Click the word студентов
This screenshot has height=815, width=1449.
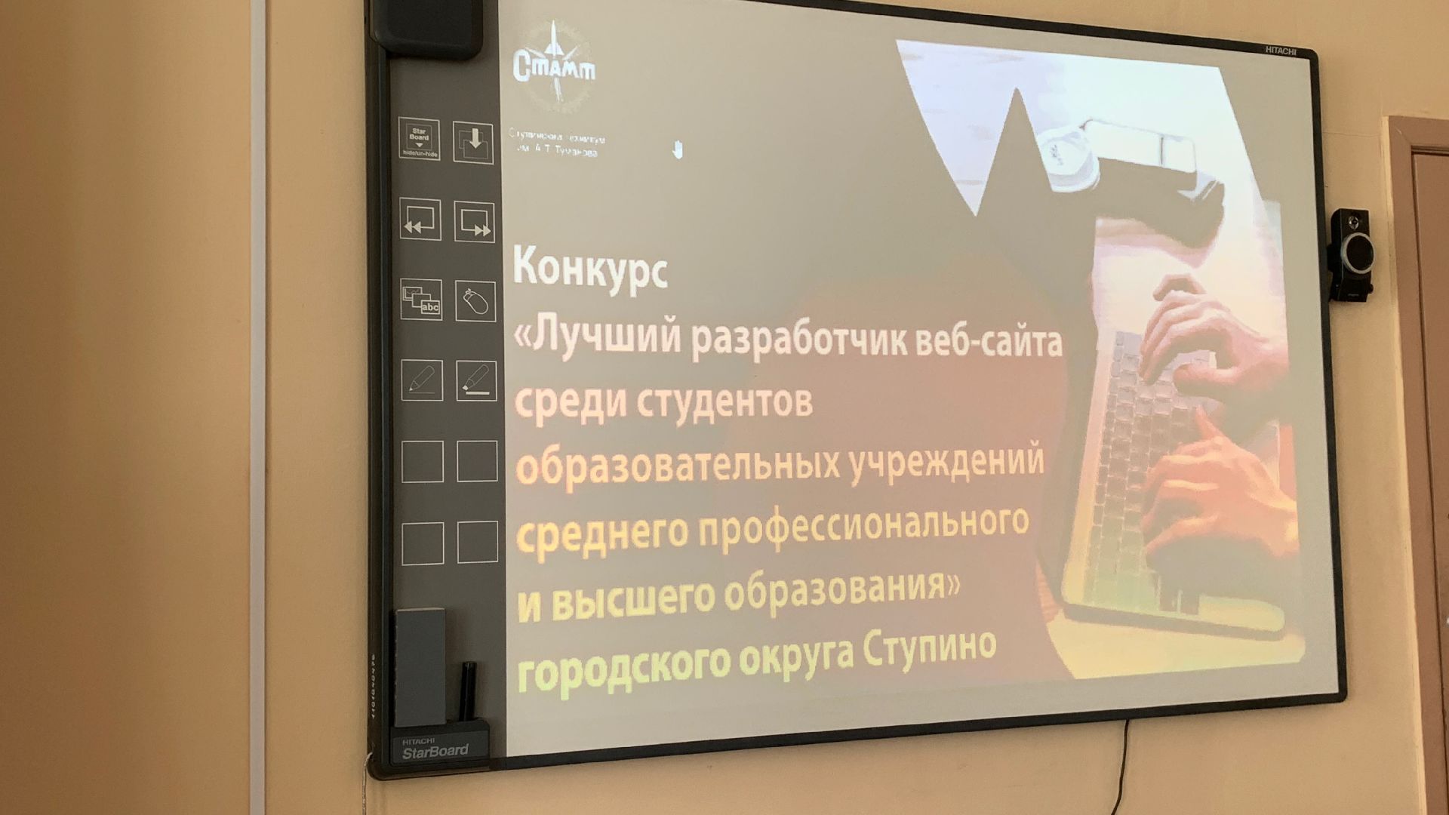[x=724, y=400]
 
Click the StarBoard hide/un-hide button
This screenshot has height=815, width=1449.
[x=419, y=139]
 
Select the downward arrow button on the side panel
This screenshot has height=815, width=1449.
[x=473, y=141]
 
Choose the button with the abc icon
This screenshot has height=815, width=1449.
[x=421, y=300]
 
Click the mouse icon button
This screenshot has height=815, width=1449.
[x=475, y=302]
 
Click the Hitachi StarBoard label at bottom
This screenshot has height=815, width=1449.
[x=435, y=748]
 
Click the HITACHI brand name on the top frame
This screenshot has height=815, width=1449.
[x=1280, y=51]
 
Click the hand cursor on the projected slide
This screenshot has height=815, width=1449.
[x=677, y=149]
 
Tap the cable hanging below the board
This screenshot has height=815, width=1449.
[x=1127, y=762]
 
